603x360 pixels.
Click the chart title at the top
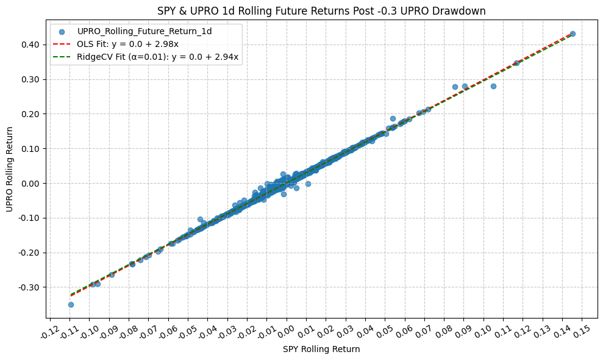coord(321,10)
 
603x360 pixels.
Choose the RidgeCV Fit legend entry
coord(158,57)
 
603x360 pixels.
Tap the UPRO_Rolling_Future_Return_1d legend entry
coord(144,32)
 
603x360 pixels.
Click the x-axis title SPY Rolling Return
coord(321,350)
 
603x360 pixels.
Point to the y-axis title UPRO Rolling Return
coord(10,170)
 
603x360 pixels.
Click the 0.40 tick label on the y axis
coord(34,45)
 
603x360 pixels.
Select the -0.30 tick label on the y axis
coord(32,287)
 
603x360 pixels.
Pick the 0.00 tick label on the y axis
coord(34,183)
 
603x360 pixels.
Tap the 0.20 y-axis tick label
coord(34,114)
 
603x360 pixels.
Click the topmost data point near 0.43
coord(573,34)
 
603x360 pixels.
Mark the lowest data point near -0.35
coord(71,304)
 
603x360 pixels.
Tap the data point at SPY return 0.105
coord(493,86)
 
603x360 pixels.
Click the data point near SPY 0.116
coord(516,63)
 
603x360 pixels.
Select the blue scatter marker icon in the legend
coord(63,32)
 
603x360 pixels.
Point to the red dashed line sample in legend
coord(63,45)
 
